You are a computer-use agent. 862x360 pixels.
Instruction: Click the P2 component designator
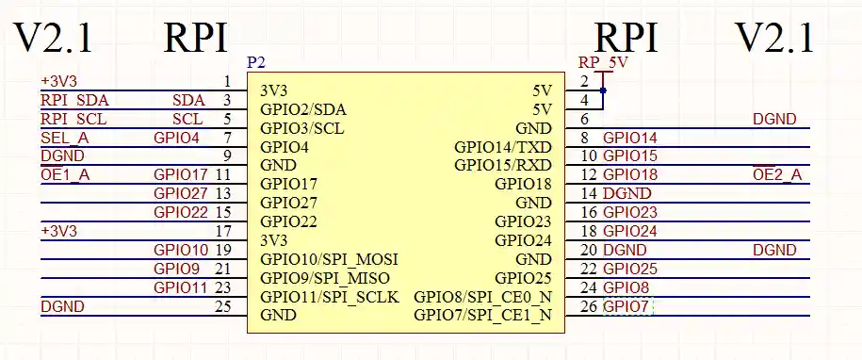(255, 62)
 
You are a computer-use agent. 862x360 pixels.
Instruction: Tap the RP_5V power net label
(603, 63)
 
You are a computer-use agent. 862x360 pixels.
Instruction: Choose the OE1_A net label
(65, 174)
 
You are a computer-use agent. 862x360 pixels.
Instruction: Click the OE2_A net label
(777, 174)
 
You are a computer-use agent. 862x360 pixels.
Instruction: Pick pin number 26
(589, 306)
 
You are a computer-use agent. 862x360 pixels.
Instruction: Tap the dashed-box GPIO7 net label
(626, 306)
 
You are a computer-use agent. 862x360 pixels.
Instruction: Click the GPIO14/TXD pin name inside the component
(503, 147)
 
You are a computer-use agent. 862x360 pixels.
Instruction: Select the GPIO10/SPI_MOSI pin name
(329, 259)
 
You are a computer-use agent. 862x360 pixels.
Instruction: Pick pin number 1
(227, 81)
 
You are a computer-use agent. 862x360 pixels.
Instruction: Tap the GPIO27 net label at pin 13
(181, 193)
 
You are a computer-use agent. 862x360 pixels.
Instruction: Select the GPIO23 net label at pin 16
(630, 212)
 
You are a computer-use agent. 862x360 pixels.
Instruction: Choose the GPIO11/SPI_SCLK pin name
(330, 296)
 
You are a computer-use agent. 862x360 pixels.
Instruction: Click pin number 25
(222, 306)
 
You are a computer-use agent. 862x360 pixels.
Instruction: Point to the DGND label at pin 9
(62, 155)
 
